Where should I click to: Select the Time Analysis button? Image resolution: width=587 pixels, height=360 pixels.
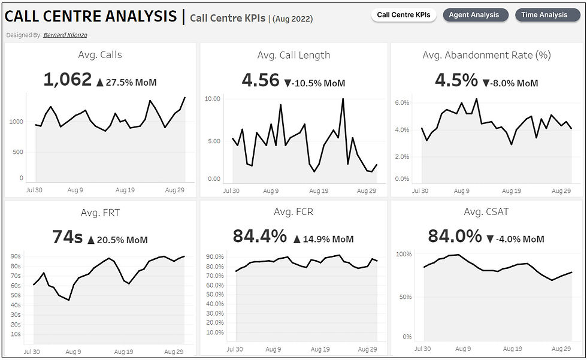pos(544,15)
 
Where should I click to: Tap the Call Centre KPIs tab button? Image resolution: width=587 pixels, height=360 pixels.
pos(403,15)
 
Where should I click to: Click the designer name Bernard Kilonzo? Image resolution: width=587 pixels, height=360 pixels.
pos(65,35)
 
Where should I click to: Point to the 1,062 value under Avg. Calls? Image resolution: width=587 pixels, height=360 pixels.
pos(68,80)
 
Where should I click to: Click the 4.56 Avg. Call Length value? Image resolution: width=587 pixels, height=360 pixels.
pos(261,80)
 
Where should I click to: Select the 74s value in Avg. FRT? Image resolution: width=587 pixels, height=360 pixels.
pos(67,237)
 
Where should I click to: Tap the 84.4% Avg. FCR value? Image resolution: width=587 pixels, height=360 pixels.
pos(260,237)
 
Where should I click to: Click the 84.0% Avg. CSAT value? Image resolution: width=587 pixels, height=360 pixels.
pos(455,237)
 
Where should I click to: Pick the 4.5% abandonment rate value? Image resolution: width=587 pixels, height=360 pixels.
pos(456,80)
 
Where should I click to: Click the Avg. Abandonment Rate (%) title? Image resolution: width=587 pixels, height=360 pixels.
pos(486,55)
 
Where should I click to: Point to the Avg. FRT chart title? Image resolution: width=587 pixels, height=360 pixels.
pos(100,213)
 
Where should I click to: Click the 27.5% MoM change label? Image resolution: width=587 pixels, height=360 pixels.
pos(131,83)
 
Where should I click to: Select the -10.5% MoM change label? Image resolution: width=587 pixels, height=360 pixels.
pos(319,83)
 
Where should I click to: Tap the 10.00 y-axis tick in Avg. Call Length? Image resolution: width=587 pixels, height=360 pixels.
pos(213,99)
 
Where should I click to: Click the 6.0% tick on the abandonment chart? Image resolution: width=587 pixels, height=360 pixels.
pos(401,103)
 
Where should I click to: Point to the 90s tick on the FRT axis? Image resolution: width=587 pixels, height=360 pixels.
pos(15,256)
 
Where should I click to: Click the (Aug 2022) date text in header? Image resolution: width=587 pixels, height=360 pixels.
pos(292,19)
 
